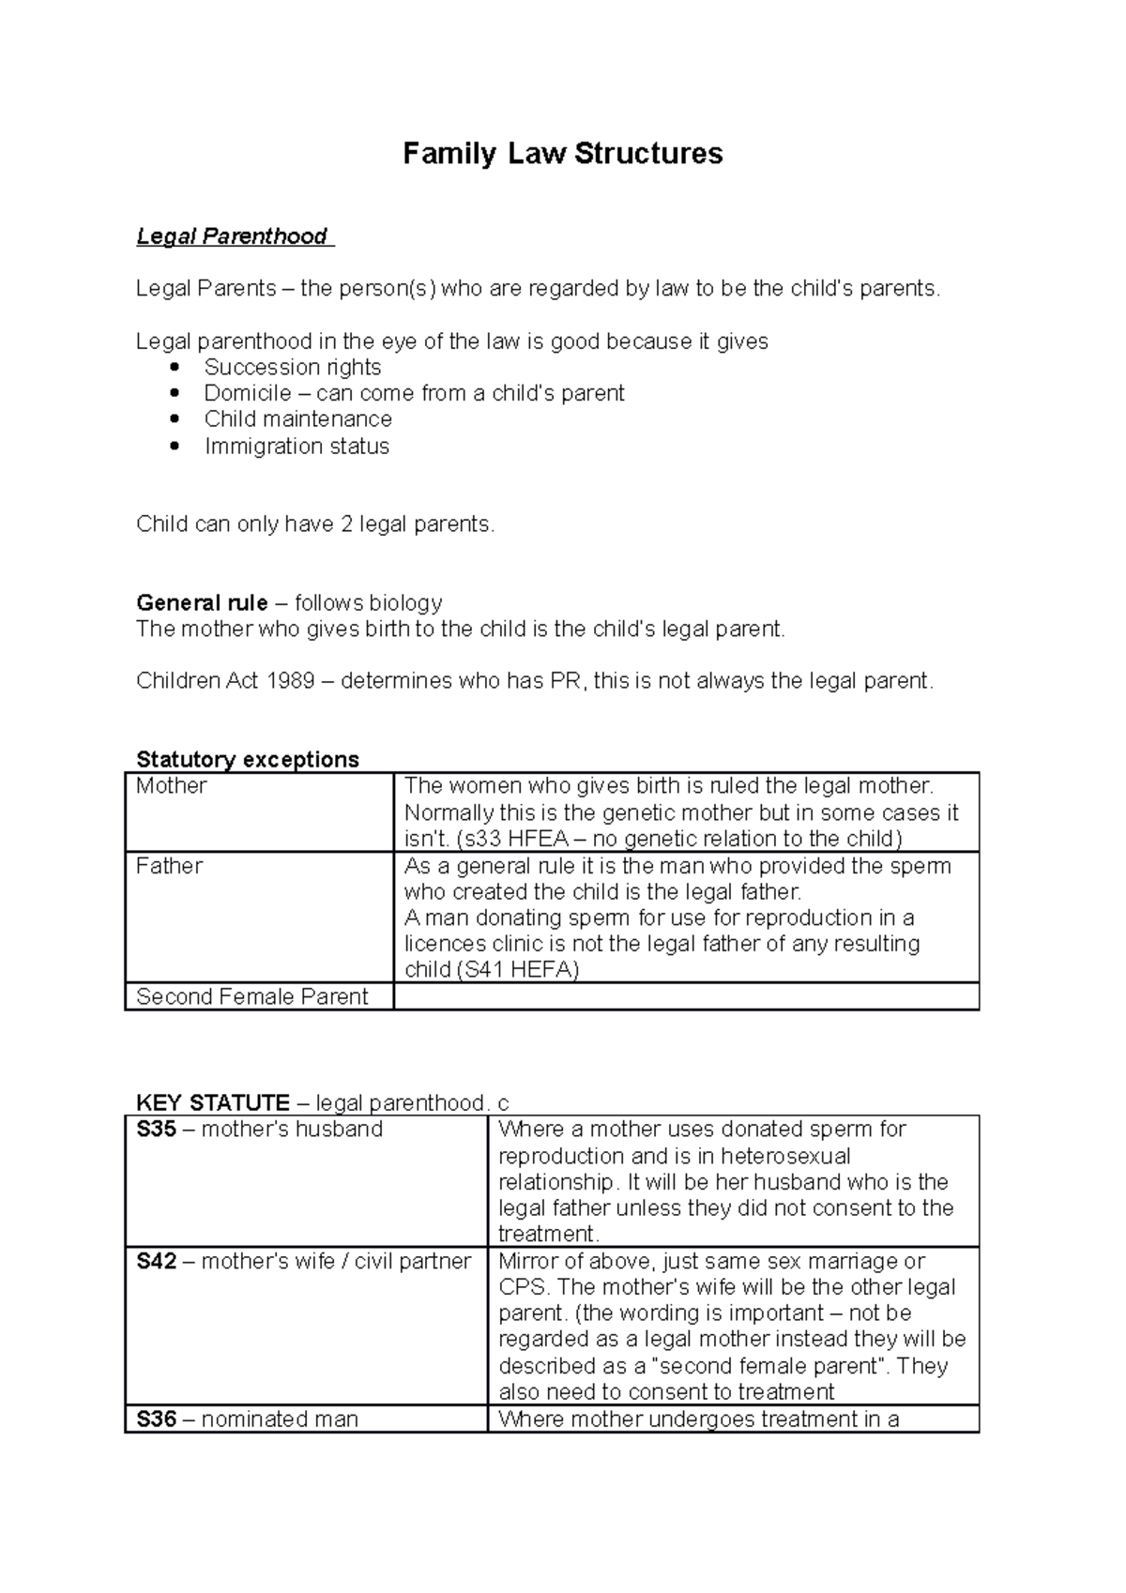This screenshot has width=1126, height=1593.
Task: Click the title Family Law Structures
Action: click(562, 153)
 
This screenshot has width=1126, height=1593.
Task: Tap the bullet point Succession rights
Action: click(292, 367)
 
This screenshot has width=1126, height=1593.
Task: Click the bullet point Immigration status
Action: click(297, 447)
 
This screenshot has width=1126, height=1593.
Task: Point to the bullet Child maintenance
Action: click(297, 419)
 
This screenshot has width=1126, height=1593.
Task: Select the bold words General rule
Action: click(202, 602)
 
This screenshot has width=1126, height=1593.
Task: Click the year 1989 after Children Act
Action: click(290, 680)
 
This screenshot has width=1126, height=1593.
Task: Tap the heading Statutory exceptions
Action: click(247, 759)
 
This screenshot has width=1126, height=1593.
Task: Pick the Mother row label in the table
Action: click(172, 786)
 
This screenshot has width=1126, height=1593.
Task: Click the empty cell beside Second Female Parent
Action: click(685, 996)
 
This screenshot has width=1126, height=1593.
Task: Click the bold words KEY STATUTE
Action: click(213, 1102)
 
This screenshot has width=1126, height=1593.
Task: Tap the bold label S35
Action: click(156, 1130)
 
